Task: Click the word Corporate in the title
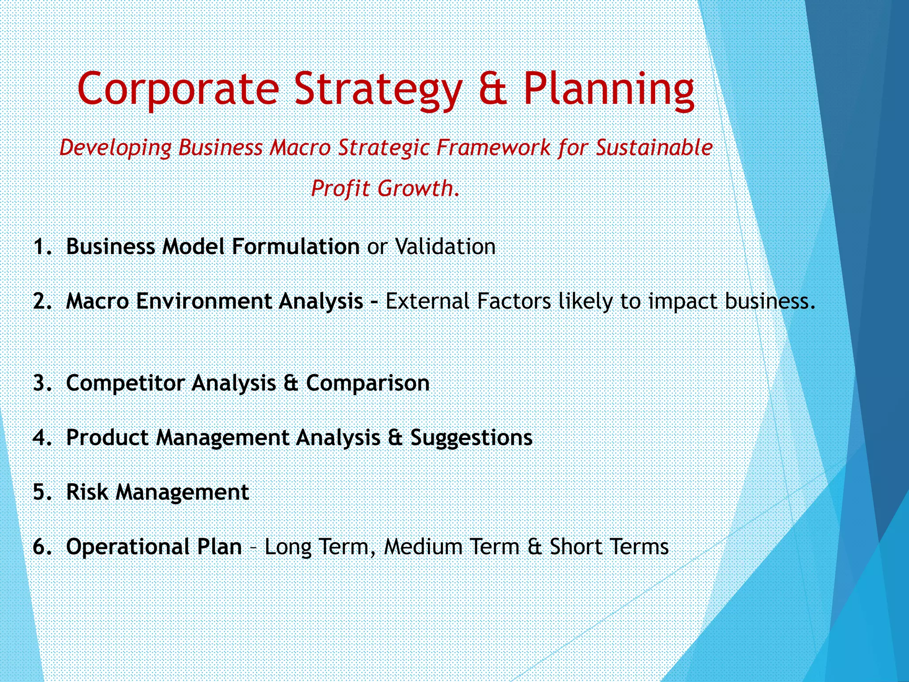click(x=178, y=89)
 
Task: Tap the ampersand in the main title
click(x=493, y=89)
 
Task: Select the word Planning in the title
click(x=609, y=89)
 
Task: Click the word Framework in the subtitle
click(x=493, y=147)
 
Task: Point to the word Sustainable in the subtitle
click(x=654, y=147)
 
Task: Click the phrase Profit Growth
click(x=385, y=188)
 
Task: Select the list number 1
click(x=42, y=247)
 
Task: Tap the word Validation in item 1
click(x=445, y=247)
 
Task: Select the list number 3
click(x=42, y=383)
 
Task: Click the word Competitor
click(x=125, y=383)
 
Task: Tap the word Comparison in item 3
click(x=368, y=383)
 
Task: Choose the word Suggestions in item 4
click(x=471, y=438)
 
